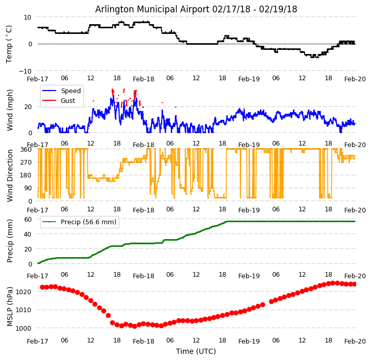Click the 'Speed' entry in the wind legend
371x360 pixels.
(x=70, y=91)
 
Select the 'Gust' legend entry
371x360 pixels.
(x=68, y=101)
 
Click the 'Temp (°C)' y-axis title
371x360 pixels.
(x=9, y=44)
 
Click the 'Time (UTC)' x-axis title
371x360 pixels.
(x=196, y=351)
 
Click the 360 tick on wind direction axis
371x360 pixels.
(x=27, y=150)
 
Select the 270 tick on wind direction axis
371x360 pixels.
(x=27, y=163)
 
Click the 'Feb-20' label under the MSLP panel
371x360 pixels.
(x=355, y=341)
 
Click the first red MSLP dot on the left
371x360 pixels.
(x=42, y=287)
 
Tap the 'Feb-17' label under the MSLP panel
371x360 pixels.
(x=38, y=341)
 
